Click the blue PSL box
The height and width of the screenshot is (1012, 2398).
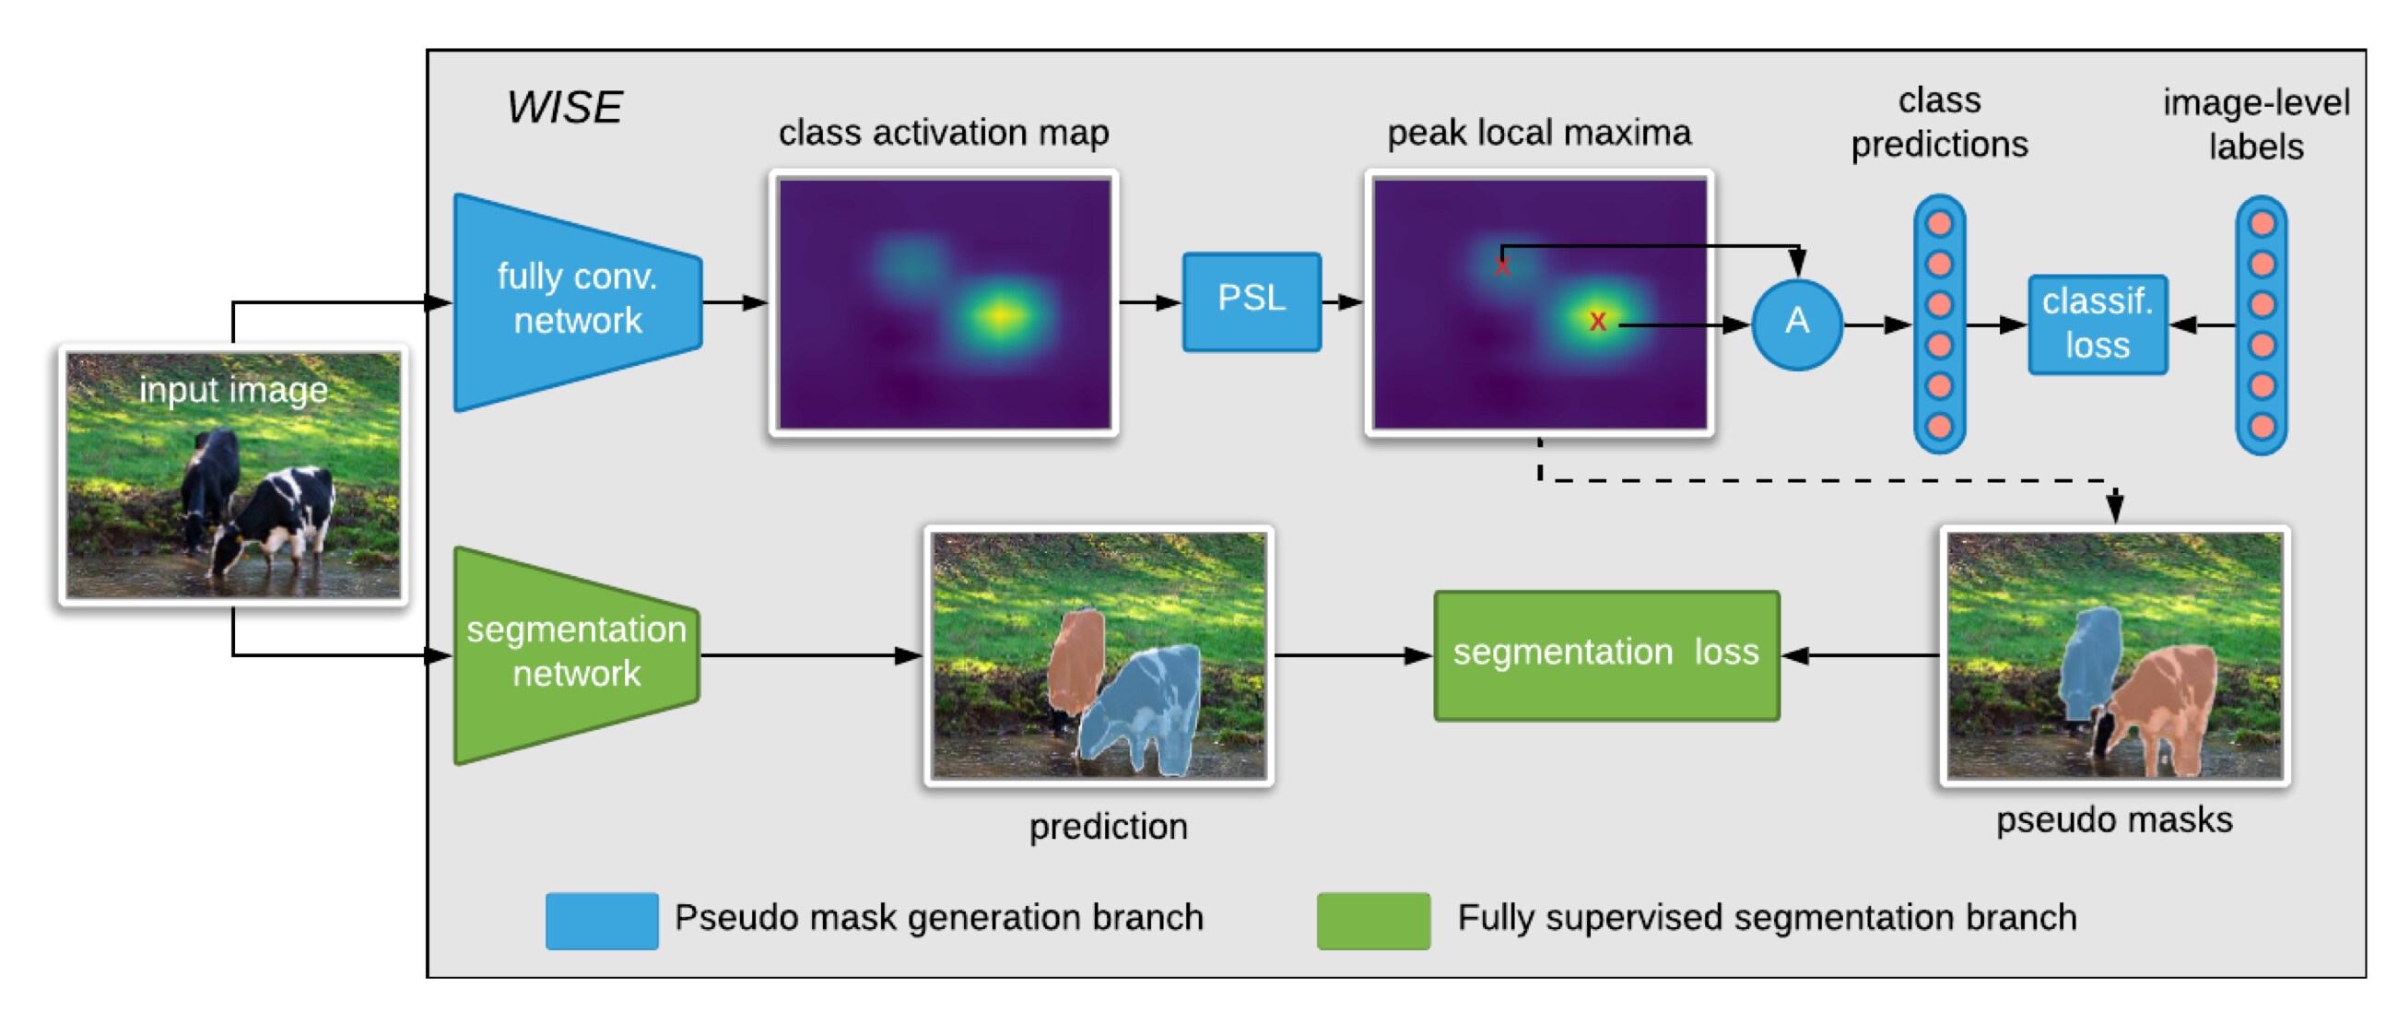[1251, 300]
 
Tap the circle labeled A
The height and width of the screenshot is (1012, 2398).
[1795, 324]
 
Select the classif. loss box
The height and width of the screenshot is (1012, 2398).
[2097, 324]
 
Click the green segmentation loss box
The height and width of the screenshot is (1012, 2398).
[1605, 654]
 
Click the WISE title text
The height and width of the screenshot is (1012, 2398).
[564, 107]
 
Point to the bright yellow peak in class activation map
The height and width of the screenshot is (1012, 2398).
[999, 314]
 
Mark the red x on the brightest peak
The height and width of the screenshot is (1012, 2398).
[1597, 321]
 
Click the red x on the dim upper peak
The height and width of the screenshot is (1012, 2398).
[1501, 267]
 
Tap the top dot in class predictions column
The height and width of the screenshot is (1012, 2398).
[1939, 223]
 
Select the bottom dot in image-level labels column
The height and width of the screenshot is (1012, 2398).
[2262, 427]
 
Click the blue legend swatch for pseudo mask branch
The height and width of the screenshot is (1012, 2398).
[602, 920]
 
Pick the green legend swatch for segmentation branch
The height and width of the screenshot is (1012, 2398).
[1372, 920]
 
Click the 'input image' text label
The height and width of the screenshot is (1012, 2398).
[233, 389]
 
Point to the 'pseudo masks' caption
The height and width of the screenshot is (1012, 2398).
[2113, 819]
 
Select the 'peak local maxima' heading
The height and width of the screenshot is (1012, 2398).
[1538, 133]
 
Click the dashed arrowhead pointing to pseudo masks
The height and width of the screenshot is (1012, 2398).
[2115, 508]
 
